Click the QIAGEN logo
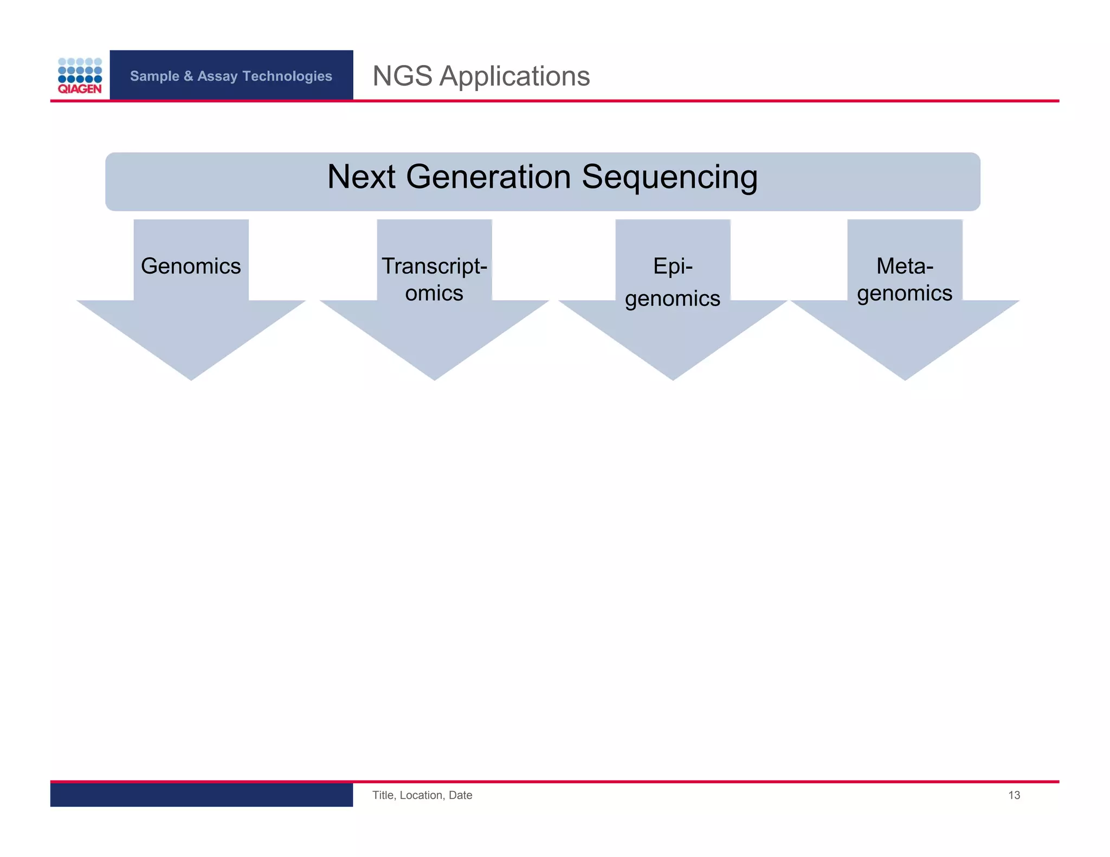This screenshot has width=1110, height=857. pyautogui.click(x=80, y=76)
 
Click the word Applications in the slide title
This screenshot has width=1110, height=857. pyautogui.click(x=514, y=76)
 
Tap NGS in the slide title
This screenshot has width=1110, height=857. pyautogui.click(x=402, y=76)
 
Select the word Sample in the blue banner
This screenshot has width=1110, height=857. pyautogui.click(x=154, y=76)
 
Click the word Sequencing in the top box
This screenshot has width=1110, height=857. pyautogui.click(x=669, y=177)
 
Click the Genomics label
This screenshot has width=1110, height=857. pyautogui.click(x=191, y=266)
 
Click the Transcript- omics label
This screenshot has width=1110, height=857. pyautogui.click(x=434, y=280)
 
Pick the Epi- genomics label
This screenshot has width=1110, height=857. pyautogui.click(x=673, y=282)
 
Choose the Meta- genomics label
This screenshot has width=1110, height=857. pyautogui.click(x=905, y=280)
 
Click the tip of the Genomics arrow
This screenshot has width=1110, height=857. pyautogui.click(x=191, y=376)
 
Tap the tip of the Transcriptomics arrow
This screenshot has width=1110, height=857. pyautogui.click(x=434, y=376)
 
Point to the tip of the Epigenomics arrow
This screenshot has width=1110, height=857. pyautogui.click(x=673, y=376)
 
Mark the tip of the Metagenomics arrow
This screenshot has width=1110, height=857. pyautogui.click(x=905, y=376)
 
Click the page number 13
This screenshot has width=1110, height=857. pyautogui.click(x=1014, y=795)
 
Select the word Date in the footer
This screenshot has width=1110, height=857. pyautogui.click(x=460, y=795)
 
